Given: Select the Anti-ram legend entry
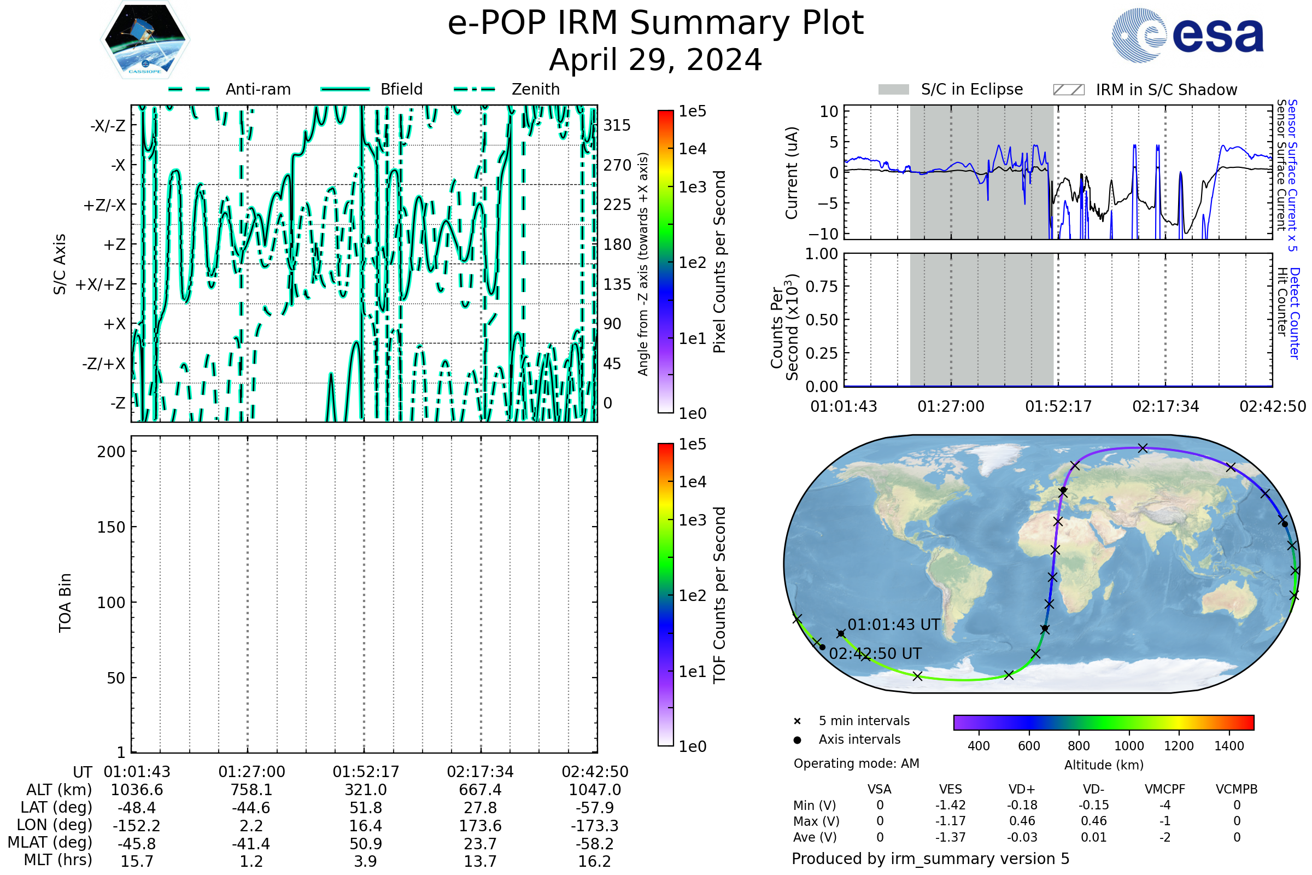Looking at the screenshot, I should tap(257, 89).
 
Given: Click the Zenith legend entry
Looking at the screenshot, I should tap(535, 89).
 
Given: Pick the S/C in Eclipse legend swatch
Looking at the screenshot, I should tap(893, 90).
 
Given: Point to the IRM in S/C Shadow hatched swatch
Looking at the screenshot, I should tap(1068, 90).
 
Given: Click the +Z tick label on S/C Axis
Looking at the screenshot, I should tap(114, 244).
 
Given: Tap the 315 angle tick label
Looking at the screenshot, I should tap(617, 125).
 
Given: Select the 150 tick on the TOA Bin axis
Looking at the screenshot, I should tap(111, 527).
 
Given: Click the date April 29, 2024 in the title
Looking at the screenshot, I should tap(655, 60).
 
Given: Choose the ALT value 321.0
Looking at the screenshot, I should tap(365, 790).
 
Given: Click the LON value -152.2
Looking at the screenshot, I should tap(137, 825).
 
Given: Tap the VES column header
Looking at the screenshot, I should tap(951, 789).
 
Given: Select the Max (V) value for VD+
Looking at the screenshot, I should tap(1022, 821).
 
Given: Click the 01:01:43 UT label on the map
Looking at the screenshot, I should tap(894, 625).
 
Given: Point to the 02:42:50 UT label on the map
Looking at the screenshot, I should tap(875, 654).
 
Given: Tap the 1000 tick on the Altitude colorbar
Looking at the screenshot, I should tap(1128, 746).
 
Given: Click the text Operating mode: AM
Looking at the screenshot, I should tap(856, 763).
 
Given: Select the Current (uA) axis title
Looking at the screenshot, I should tap(792, 172).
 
